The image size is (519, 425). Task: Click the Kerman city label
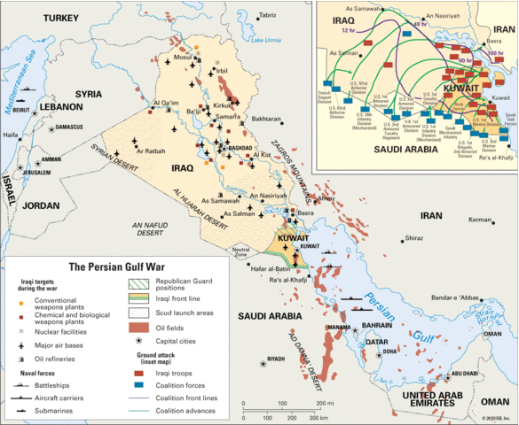point(479,220)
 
